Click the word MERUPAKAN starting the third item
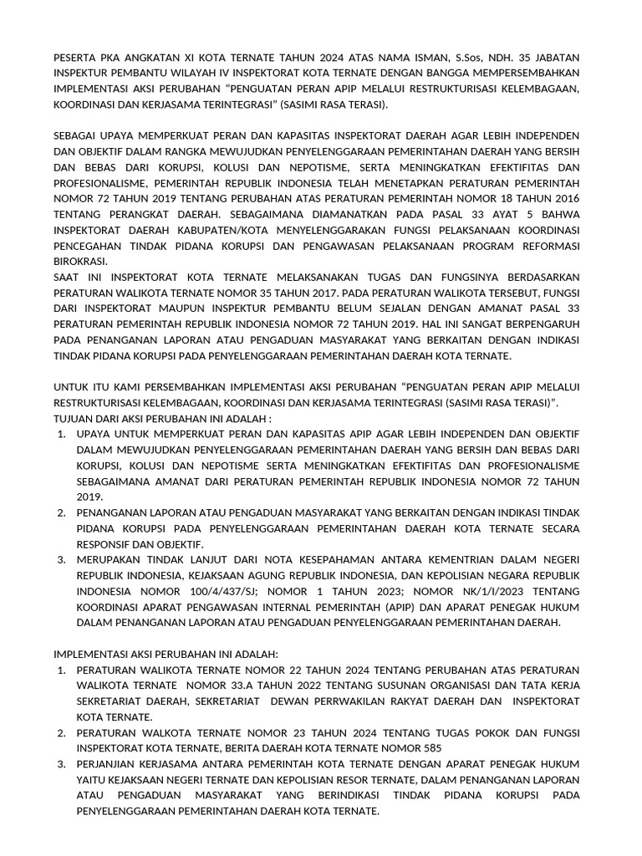[x=112, y=559]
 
